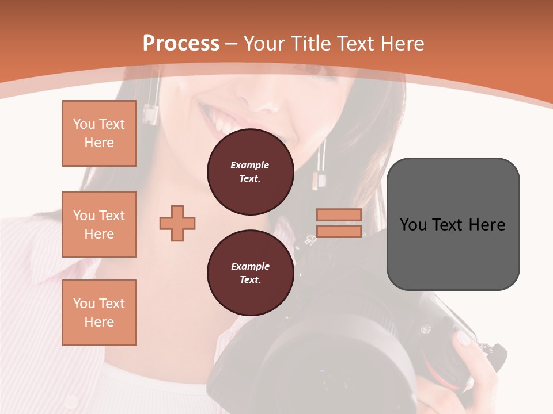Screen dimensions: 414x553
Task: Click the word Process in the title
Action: pos(181,44)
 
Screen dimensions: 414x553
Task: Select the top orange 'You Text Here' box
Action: pos(99,133)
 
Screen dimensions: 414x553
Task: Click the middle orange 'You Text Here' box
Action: pos(99,224)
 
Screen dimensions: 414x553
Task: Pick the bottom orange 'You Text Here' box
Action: pos(99,313)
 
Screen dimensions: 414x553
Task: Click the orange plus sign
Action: pos(177,223)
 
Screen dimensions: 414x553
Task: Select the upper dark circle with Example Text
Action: pos(250,172)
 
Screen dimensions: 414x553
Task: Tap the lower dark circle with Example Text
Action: pos(250,273)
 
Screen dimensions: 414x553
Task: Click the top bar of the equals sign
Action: pos(339,214)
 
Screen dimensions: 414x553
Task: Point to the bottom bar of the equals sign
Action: pos(339,231)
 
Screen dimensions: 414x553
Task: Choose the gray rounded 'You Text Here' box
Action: pos(453,224)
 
